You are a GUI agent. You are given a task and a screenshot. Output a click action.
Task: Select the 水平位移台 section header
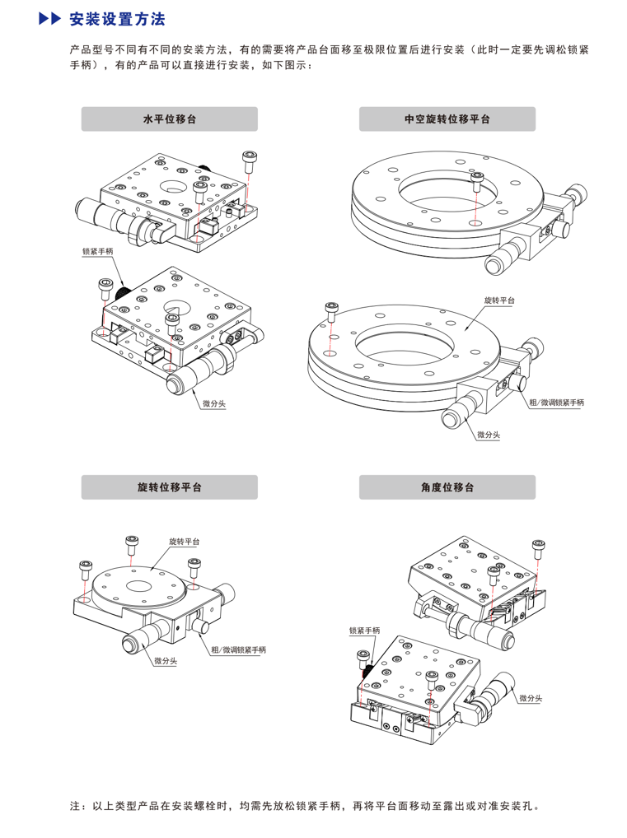pyautogui.click(x=169, y=119)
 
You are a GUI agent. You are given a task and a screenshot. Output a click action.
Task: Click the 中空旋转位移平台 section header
pyautogui.click(x=447, y=119)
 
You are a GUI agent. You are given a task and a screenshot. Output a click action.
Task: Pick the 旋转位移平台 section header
pyautogui.click(x=169, y=487)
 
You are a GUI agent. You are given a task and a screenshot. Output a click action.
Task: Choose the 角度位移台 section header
pyautogui.click(x=447, y=487)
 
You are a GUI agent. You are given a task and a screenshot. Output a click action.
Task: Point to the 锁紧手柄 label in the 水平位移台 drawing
pyautogui.click(x=98, y=251)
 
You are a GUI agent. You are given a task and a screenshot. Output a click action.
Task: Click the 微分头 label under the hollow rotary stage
pyautogui.click(x=488, y=434)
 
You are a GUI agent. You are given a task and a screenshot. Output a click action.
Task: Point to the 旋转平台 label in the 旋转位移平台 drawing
pyautogui.click(x=184, y=542)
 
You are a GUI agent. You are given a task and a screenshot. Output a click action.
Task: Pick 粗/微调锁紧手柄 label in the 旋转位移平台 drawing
pyautogui.click(x=238, y=649)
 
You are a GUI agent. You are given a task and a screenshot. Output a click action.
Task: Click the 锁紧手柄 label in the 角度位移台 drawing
pyautogui.click(x=364, y=631)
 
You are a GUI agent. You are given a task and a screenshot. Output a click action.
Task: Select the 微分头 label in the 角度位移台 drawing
pyautogui.click(x=531, y=698)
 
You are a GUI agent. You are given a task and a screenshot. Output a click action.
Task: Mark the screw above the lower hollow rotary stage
pyautogui.click(x=331, y=311)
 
